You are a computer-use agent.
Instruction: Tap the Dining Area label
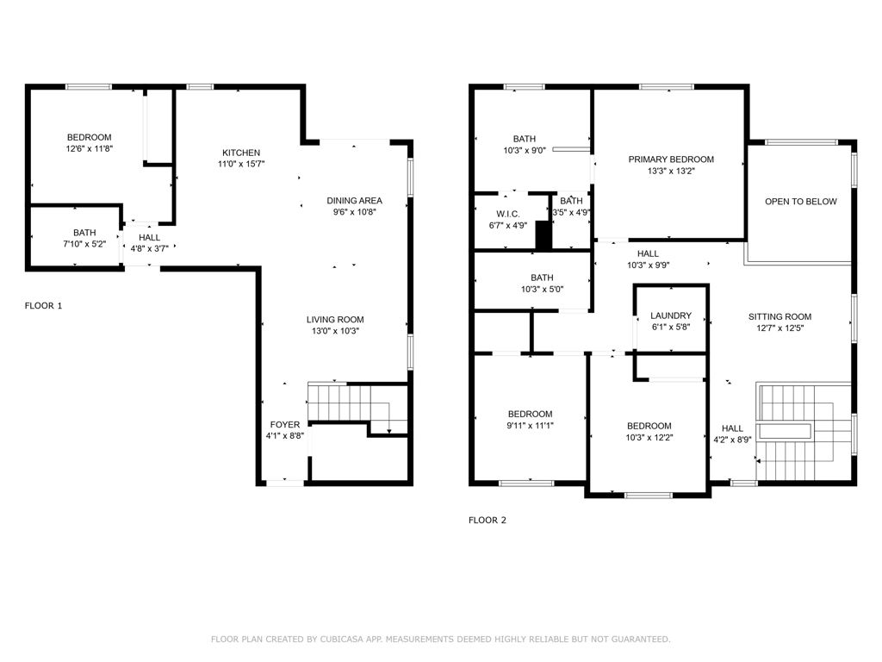pos(354,201)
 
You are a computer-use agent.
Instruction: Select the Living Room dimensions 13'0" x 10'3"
pos(335,331)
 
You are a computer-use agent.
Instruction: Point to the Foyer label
pos(285,424)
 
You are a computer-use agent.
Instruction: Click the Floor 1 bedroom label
pos(89,137)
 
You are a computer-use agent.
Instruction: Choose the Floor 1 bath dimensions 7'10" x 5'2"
pos(84,244)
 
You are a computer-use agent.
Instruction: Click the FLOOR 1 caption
pos(43,305)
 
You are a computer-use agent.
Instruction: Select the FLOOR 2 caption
pos(487,520)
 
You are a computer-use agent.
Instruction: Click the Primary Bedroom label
pos(671,159)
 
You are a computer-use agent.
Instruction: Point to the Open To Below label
pos(800,202)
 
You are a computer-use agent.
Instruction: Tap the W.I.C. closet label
pos(507,214)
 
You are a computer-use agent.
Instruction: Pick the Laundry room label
pos(670,316)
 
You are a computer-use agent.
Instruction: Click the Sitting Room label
pos(780,316)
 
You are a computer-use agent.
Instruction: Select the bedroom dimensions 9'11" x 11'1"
pos(530,425)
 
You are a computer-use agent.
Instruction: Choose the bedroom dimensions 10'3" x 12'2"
pos(649,437)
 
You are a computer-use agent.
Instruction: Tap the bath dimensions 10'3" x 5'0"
pos(542,290)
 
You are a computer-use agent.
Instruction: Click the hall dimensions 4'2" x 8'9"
pos(732,440)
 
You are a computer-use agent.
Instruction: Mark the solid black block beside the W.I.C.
pos(543,235)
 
